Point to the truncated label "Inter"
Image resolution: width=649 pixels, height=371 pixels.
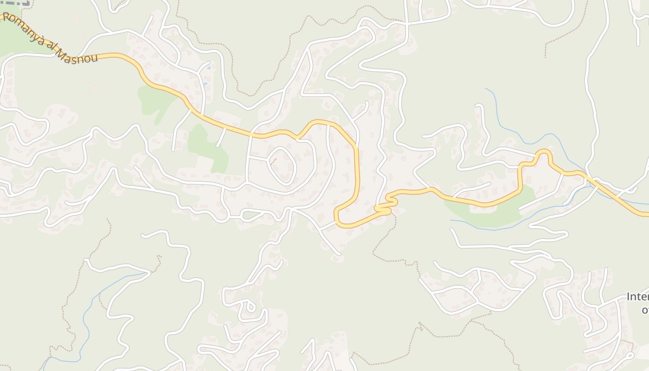[637, 297]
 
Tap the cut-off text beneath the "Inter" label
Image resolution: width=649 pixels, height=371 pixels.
[644, 310]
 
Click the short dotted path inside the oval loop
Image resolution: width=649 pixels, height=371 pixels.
[272, 161]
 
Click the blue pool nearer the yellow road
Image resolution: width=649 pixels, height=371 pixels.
[204, 84]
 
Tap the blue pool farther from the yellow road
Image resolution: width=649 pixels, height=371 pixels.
[209, 68]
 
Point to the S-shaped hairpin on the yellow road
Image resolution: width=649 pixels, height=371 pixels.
[388, 205]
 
